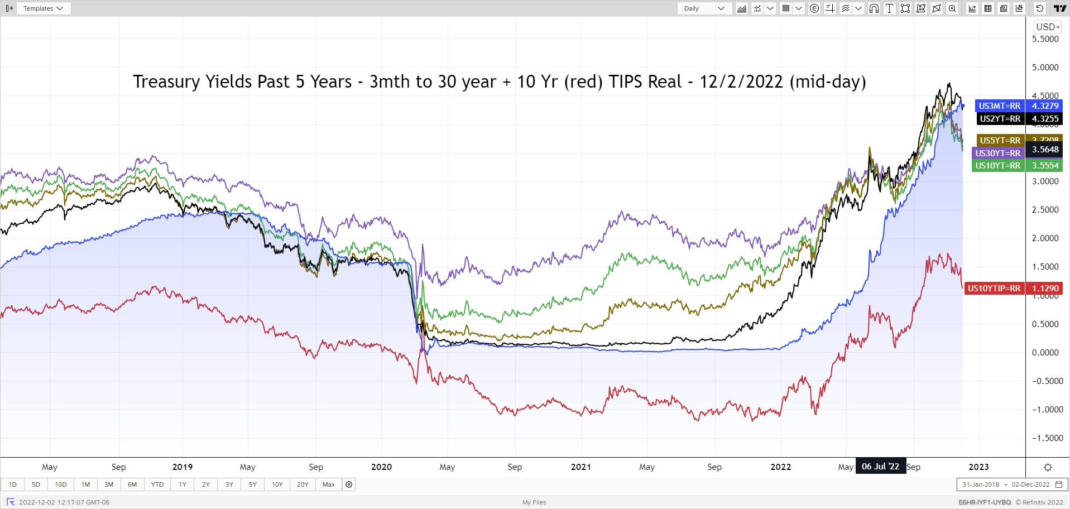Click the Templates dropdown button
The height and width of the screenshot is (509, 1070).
(x=43, y=8)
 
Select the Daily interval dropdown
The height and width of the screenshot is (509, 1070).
(x=704, y=8)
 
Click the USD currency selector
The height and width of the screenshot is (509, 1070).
(x=1047, y=27)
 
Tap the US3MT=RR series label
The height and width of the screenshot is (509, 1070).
(x=999, y=105)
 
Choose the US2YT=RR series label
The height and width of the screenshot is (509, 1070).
(x=1000, y=118)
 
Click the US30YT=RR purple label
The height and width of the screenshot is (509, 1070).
(x=997, y=153)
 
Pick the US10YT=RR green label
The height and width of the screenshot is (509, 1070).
(x=997, y=165)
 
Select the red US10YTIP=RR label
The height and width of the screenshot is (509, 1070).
(x=994, y=288)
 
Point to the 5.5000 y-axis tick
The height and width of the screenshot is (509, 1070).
(x=1045, y=39)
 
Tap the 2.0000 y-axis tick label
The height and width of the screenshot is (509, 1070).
(x=1045, y=238)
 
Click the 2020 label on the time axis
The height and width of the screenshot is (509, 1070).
(x=381, y=467)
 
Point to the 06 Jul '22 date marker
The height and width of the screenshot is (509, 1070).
(x=880, y=467)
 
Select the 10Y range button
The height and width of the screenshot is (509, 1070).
(x=277, y=484)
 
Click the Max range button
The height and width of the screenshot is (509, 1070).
(x=328, y=484)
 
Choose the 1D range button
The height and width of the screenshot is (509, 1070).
(x=13, y=484)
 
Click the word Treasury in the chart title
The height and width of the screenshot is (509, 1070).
(x=166, y=81)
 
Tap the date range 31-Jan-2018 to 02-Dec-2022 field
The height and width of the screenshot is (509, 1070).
(x=1006, y=484)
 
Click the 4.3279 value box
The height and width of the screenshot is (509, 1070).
(x=1045, y=105)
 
